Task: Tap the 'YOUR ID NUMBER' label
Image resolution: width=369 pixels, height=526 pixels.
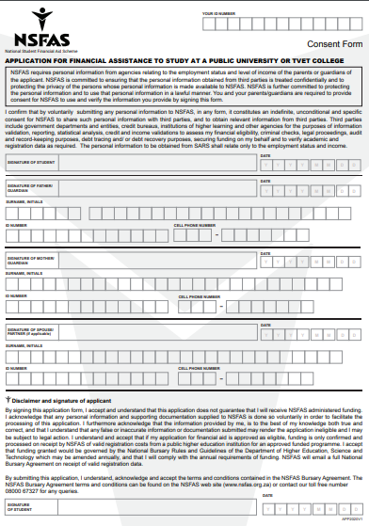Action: [x=218, y=15]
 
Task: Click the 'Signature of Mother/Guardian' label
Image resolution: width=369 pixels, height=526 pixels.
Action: [x=26, y=259]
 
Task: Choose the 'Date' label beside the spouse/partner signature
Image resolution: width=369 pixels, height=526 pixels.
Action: [x=265, y=324]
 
